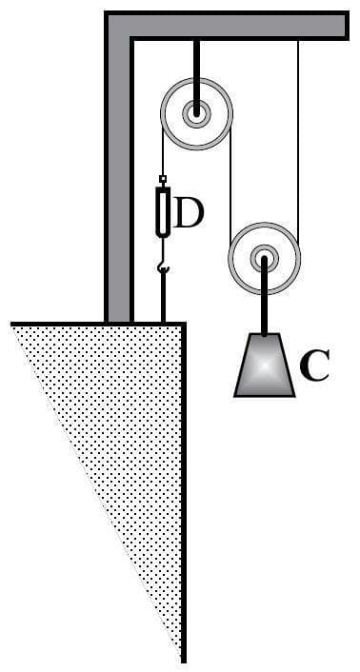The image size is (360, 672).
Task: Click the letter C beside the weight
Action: [x=313, y=366]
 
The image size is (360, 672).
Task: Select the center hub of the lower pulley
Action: [x=264, y=256]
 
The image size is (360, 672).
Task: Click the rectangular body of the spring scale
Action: [x=163, y=211]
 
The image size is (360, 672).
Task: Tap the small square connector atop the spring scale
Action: [x=163, y=179]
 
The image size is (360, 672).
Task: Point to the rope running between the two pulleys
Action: [x=230, y=181]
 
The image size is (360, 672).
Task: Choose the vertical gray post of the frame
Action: [x=118, y=190]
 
